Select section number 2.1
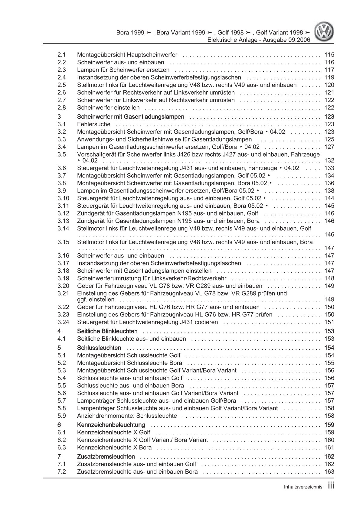62,55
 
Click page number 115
329,55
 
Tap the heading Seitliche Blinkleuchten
107,331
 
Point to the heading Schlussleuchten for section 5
99,348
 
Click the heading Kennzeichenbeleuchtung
111,425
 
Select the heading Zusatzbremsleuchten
106,457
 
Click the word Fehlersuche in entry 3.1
94,124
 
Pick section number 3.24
63,322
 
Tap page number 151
329,322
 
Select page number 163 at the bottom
329,472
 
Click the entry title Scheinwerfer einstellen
108,108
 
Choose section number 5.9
62,416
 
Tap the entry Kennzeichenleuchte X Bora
114,448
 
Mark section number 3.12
63,213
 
